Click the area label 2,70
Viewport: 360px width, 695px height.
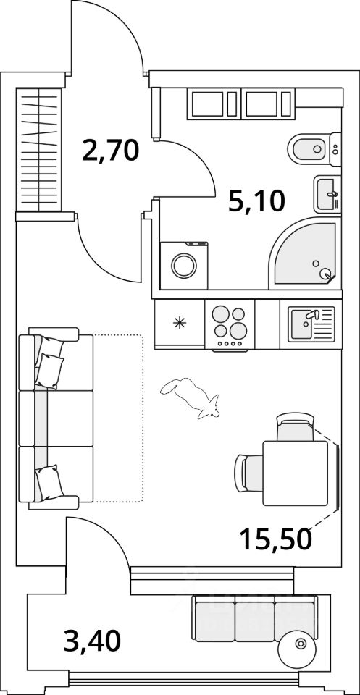pos(111,151)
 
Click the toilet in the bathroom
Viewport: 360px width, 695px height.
pos(314,149)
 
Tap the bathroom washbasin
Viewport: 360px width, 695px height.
pos(327,194)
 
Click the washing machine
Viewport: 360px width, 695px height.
pos(184,266)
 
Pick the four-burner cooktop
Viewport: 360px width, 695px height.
pos(230,326)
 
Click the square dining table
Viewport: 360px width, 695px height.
pos(296,473)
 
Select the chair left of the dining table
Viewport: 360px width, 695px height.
pos(248,473)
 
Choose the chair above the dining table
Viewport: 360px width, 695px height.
pos(296,427)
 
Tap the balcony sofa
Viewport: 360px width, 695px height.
pos(255,618)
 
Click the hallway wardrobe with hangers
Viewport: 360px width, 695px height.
pos(39,150)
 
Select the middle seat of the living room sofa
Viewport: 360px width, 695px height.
pos(56,418)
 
